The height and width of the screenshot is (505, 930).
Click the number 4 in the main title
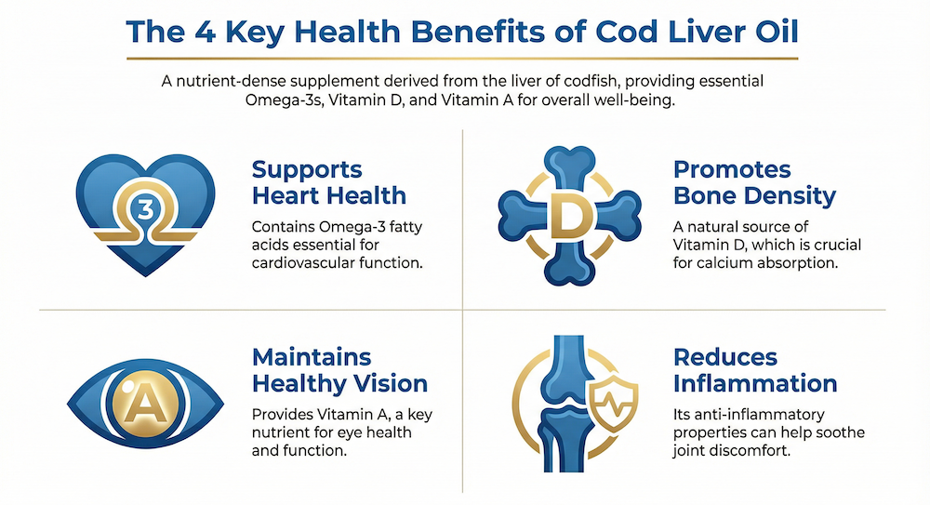[206, 32]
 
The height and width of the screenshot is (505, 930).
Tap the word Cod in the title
[620, 32]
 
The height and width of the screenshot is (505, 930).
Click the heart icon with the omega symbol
[145, 215]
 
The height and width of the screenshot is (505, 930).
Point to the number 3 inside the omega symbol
[145, 209]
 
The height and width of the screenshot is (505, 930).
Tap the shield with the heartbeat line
[613, 406]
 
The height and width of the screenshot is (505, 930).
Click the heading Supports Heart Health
[329, 182]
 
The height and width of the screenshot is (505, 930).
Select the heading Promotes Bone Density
[754, 182]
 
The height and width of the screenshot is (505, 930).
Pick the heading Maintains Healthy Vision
[339, 370]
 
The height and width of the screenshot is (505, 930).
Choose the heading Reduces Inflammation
[755, 370]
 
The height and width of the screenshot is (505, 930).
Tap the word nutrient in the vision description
[279, 432]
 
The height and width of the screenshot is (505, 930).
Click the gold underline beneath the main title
[462, 59]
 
